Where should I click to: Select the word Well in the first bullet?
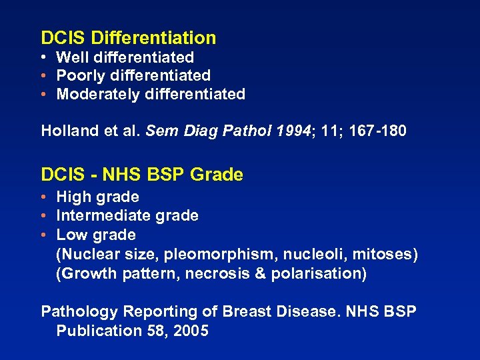pos(71,58)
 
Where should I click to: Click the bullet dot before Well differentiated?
pos(43,59)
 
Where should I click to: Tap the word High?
pos(72,197)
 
